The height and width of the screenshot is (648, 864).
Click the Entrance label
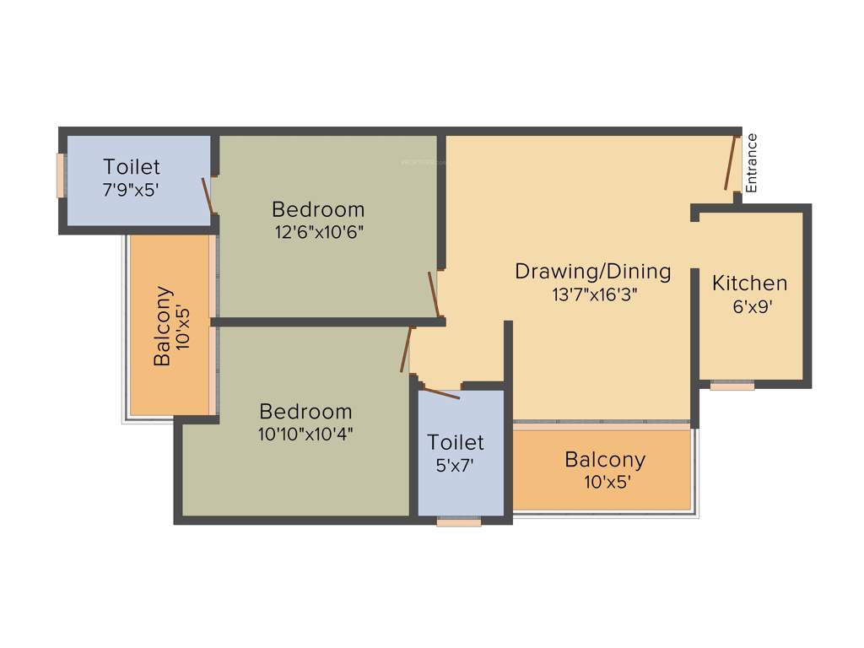(x=751, y=163)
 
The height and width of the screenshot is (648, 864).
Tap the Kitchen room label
(x=749, y=283)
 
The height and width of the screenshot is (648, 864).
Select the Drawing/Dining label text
(x=593, y=272)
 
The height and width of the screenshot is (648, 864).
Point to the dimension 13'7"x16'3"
(x=593, y=294)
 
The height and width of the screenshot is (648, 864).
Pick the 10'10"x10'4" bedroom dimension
(x=305, y=435)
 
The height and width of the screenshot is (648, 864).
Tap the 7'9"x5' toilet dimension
(x=131, y=190)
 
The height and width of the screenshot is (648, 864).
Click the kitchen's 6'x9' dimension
(x=753, y=307)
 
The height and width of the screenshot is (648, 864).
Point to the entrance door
(x=731, y=162)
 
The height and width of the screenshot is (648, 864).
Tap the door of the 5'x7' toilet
(x=440, y=392)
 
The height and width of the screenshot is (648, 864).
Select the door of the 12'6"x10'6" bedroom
(x=434, y=295)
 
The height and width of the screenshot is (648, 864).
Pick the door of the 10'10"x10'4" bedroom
(x=406, y=349)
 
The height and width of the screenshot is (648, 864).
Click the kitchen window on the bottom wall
(x=732, y=386)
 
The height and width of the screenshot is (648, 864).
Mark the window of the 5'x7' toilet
(x=459, y=522)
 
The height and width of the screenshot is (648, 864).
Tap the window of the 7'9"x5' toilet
(x=61, y=175)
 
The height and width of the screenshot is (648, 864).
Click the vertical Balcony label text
(x=164, y=327)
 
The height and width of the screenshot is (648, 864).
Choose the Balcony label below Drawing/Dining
(x=605, y=460)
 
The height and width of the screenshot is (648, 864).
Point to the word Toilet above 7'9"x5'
(x=132, y=167)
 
